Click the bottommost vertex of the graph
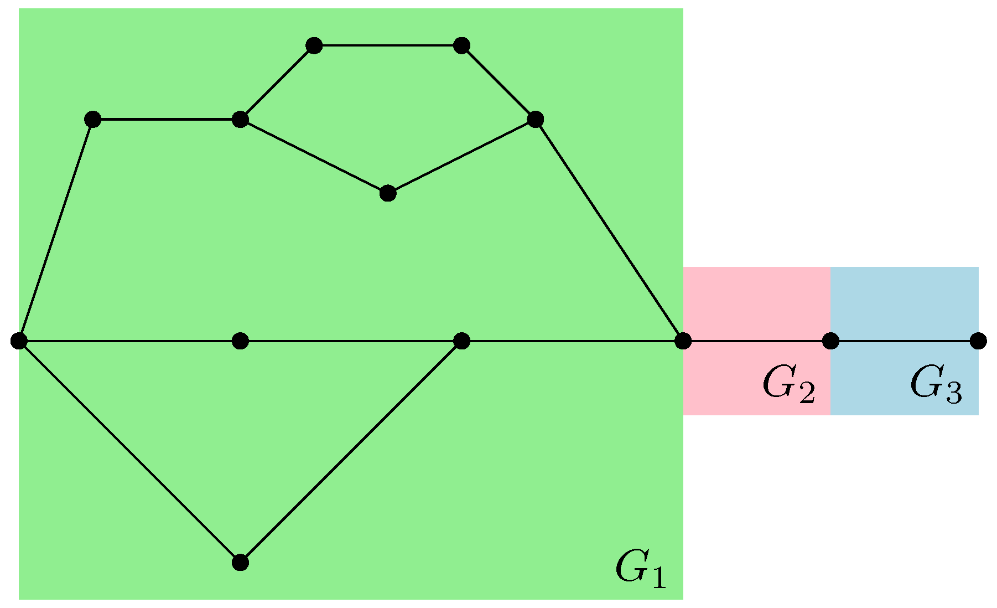240,563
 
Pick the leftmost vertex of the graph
19,341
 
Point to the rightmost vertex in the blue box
978,341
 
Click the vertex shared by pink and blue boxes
830,341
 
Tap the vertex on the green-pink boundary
683,341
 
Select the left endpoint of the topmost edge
314,45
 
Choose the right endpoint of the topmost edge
461,45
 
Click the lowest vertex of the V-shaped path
388,193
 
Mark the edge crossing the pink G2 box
757,341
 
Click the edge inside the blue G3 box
905,341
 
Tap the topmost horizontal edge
387,45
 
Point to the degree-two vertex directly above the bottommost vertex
240,341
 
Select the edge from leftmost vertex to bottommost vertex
129,452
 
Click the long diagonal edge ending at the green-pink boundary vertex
609,230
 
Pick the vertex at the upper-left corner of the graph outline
93,119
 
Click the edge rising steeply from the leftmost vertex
56,230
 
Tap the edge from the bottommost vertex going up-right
351,452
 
